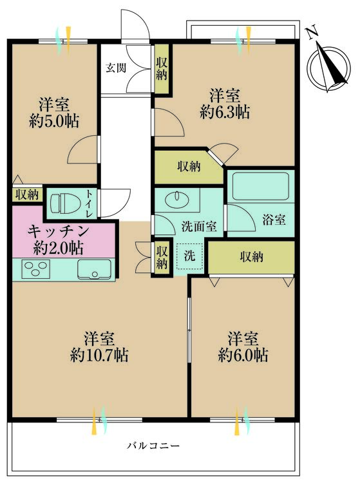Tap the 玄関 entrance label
tap(117, 67)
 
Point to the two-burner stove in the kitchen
tap(33, 269)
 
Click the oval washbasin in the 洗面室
tap(174, 198)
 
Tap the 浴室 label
tap(274, 220)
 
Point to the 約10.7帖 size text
tap(100, 354)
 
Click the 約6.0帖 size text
tap(243, 354)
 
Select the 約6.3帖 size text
tap(225, 112)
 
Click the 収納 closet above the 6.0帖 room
tap(251, 257)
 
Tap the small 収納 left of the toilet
tap(26, 194)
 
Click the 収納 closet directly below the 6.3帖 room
tap(189, 166)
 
